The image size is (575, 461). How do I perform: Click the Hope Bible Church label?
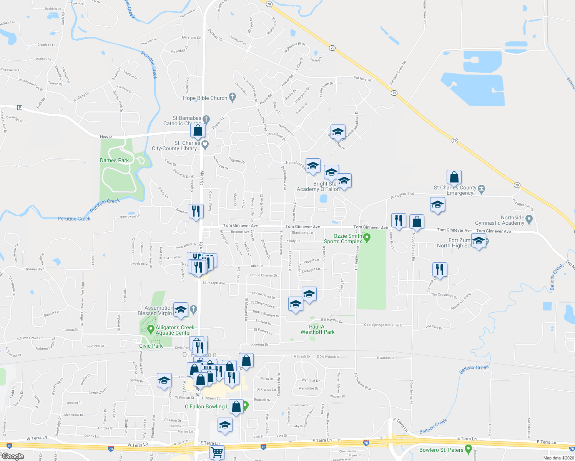(x=205, y=98)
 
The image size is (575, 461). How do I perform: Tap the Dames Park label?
(x=115, y=160)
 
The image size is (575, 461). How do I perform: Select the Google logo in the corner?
(x=13, y=456)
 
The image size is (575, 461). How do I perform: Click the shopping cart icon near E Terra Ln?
(x=217, y=452)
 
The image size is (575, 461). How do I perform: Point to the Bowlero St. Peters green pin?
(x=468, y=449)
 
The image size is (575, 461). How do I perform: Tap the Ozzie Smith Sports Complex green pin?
(x=367, y=237)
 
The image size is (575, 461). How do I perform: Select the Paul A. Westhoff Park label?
(x=317, y=329)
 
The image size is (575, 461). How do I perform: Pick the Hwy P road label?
(x=106, y=137)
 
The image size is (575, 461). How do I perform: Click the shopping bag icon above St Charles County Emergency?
(x=454, y=177)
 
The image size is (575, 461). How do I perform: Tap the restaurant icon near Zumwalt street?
(x=440, y=269)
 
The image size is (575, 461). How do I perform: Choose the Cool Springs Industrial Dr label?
(x=384, y=325)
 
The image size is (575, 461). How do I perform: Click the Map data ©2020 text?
(x=557, y=458)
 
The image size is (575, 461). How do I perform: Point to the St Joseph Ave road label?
(x=213, y=283)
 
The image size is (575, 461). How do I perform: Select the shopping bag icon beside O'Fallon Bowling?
(x=236, y=407)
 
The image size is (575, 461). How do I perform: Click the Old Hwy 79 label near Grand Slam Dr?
(x=362, y=79)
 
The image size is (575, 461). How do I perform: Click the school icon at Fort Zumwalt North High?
(x=479, y=241)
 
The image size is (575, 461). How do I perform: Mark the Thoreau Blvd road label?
(x=34, y=269)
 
